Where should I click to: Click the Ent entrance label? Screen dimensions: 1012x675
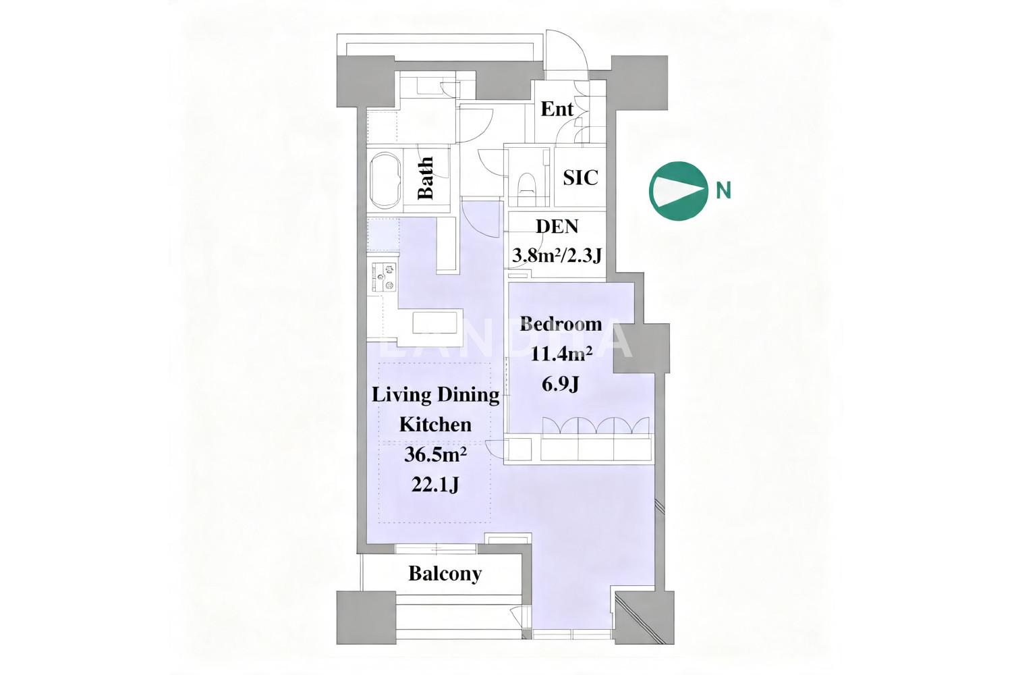point(557,109)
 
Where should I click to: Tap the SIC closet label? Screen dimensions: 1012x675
point(580,178)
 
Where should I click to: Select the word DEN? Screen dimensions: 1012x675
point(557,226)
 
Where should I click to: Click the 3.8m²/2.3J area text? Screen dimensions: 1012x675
point(557,256)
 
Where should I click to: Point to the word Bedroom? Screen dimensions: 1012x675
point(561,324)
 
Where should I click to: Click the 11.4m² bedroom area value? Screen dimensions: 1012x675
point(561,354)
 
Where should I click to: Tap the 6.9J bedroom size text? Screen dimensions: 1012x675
point(560,385)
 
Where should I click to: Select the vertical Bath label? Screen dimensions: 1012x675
point(426,178)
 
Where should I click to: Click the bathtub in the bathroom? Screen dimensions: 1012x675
point(385,181)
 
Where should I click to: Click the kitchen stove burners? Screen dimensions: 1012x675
point(384,277)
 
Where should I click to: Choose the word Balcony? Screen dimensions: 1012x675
point(445,574)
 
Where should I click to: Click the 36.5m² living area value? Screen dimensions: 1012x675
point(435,455)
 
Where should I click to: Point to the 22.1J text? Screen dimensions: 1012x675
point(435,485)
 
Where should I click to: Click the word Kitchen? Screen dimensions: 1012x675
point(436,425)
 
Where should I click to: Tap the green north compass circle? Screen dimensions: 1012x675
point(678,191)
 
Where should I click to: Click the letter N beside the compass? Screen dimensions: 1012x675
point(724,191)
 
